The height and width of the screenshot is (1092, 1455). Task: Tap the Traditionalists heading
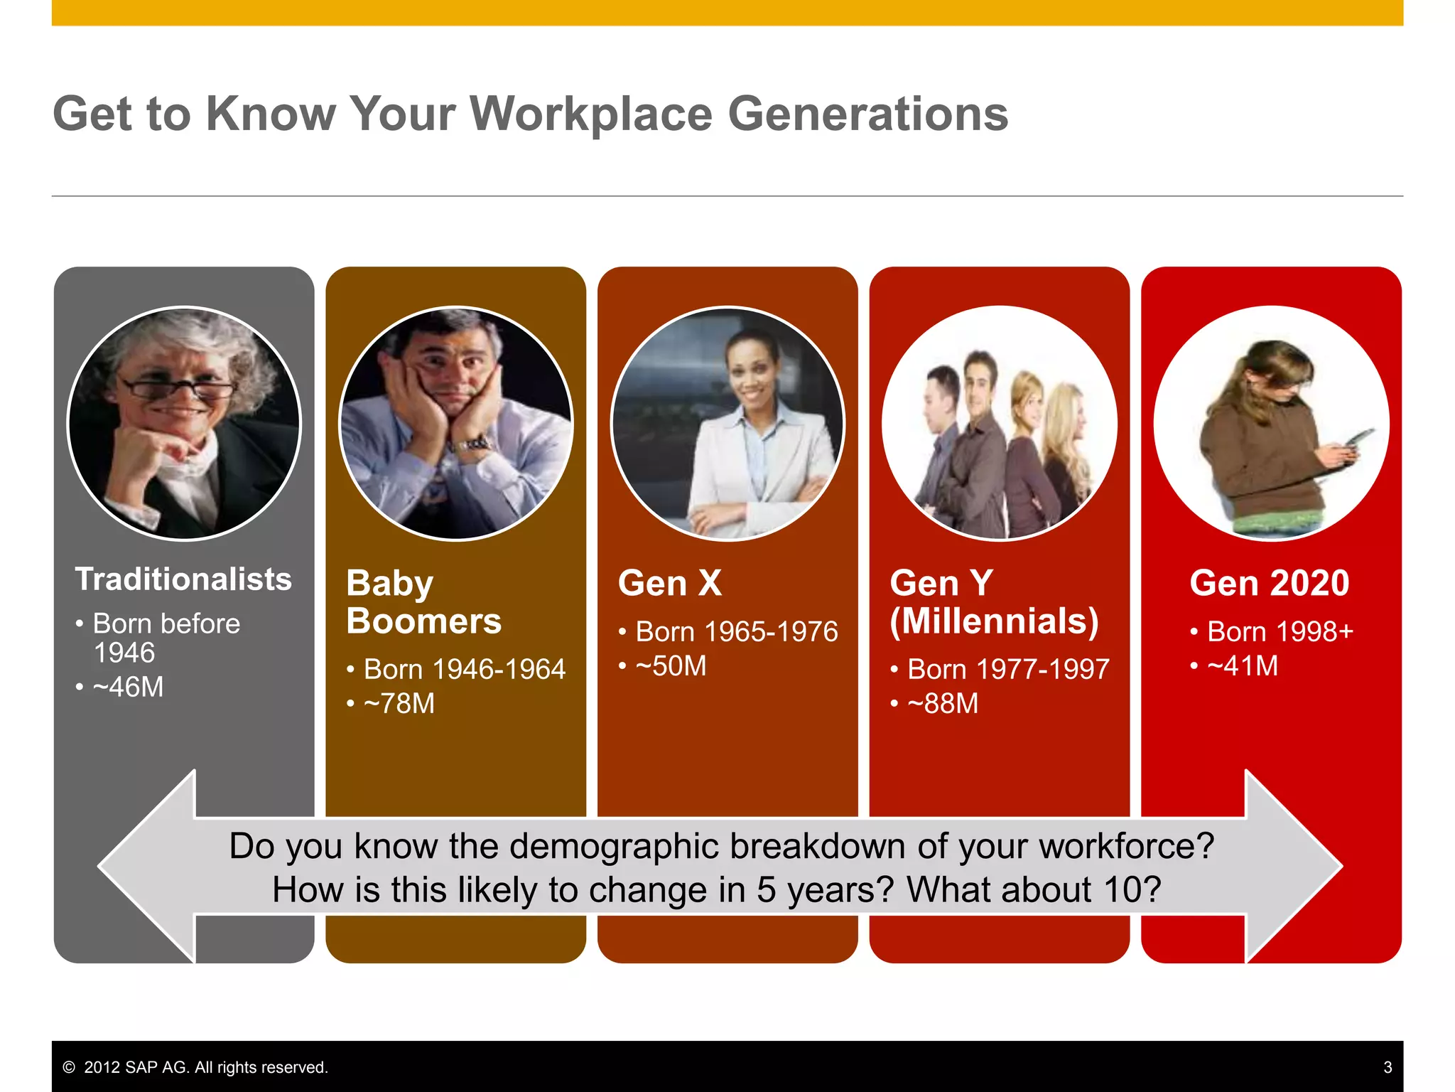(x=183, y=579)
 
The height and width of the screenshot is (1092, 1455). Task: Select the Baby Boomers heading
(x=424, y=602)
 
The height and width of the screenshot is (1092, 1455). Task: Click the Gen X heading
(x=670, y=583)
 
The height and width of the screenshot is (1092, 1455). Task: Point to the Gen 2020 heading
(x=1270, y=583)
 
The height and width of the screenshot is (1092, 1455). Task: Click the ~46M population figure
(x=128, y=687)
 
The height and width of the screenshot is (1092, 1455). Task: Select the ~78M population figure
(x=399, y=704)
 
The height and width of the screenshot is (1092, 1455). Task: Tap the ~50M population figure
(x=671, y=666)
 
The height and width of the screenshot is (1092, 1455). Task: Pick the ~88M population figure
(x=943, y=704)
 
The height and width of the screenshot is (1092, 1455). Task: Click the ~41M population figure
(x=1243, y=666)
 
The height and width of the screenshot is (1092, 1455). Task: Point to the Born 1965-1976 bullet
(x=736, y=631)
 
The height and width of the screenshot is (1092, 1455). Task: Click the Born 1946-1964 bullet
(x=464, y=669)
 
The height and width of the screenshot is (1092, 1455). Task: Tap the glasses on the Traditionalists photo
(x=179, y=389)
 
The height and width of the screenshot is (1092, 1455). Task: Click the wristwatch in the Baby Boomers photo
(x=475, y=445)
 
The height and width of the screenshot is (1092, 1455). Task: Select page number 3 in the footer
(x=1388, y=1067)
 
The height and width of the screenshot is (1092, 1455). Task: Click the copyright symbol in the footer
(x=69, y=1067)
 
